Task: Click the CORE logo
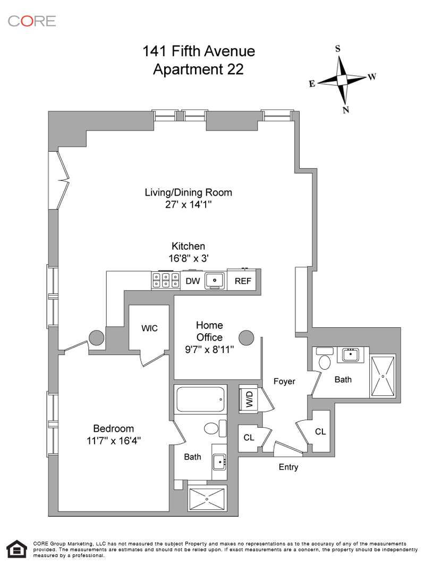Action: tap(32, 21)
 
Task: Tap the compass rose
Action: tap(343, 80)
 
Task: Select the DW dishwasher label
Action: tap(193, 281)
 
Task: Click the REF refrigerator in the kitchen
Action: tap(243, 281)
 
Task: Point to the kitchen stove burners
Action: tap(165, 280)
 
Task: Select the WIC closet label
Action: tap(149, 328)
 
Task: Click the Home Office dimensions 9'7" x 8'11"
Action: tap(209, 350)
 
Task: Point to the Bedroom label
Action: tap(114, 429)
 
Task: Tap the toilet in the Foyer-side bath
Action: tap(324, 363)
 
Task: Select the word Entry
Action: tap(288, 467)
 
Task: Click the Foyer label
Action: tap(284, 381)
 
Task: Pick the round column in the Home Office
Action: tap(246, 337)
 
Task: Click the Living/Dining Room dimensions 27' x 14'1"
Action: tap(189, 205)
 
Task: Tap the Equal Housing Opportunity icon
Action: tap(16, 550)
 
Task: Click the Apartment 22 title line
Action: tap(198, 70)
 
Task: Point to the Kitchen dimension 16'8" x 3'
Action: tap(188, 259)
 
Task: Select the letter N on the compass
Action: tap(346, 110)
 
